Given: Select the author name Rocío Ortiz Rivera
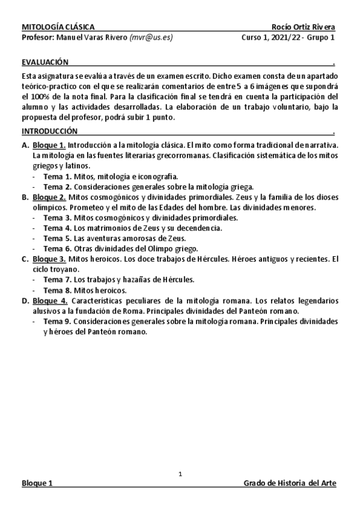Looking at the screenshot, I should tap(304, 27).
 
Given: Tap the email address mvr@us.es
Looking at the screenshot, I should tap(151, 37).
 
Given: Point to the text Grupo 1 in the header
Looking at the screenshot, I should tap(322, 37).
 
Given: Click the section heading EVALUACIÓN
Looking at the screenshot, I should tap(44, 62).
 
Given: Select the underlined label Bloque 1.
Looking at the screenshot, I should tap(49, 146).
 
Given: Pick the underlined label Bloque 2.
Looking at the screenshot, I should tap(49, 197).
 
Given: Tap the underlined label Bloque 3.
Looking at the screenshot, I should tap(49, 259).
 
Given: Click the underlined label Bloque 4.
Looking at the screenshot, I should tap(49, 301).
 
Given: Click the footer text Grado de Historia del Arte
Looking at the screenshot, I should tap(290, 484).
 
